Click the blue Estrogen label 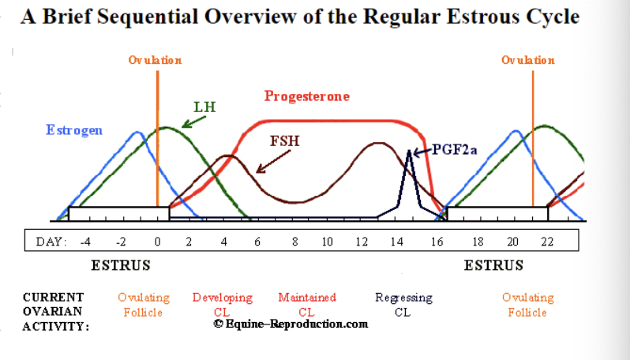pyautogui.click(x=74, y=130)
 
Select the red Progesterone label pyautogui.click(x=306, y=96)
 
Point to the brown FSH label pyautogui.click(x=284, y=142)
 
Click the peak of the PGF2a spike pyautogui.click(x=409, y=151)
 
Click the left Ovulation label pyautogui.click(x=156, y=60)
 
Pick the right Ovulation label pyautogui.click(x=528, y=60)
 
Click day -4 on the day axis pyautogui.click(x=87, y=241)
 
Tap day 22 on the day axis pyautogui.click(x=547, y=241)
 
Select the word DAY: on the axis pyautogui.click(x=51, y=241)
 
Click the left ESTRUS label pyautogui.click(x=121, y=265)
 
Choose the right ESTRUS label pyautogui.click(x=493, y=265)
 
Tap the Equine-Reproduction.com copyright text pyautogui.click(x=291, y=324)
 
